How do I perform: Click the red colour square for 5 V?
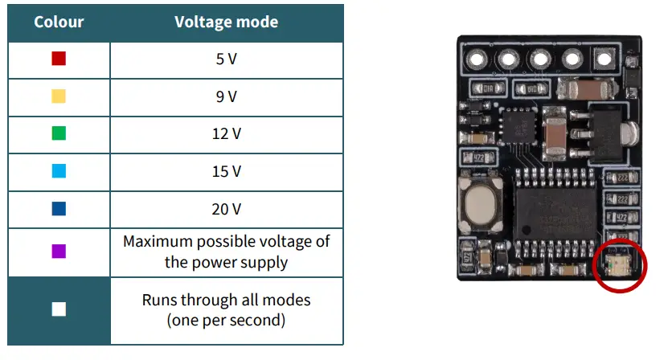coord(58,59)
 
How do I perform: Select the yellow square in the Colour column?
coord(58,96)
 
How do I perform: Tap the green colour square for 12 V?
coord(58,134)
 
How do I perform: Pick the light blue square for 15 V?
coord(58,171)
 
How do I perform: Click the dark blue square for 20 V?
coord(58,209)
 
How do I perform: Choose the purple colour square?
coord(58,252)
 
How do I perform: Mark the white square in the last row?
coord(58,310)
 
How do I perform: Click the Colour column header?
coord(59,22)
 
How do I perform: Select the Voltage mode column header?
coord(226,22)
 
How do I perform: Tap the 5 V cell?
coord(226,59)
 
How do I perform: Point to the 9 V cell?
coord(226,96)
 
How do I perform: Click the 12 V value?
coord(226,134)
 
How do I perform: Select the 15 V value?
coord(226,171)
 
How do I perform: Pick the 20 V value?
coord(226,209)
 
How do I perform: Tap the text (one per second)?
coord(226,320)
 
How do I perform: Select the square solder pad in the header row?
coord(603,59)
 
